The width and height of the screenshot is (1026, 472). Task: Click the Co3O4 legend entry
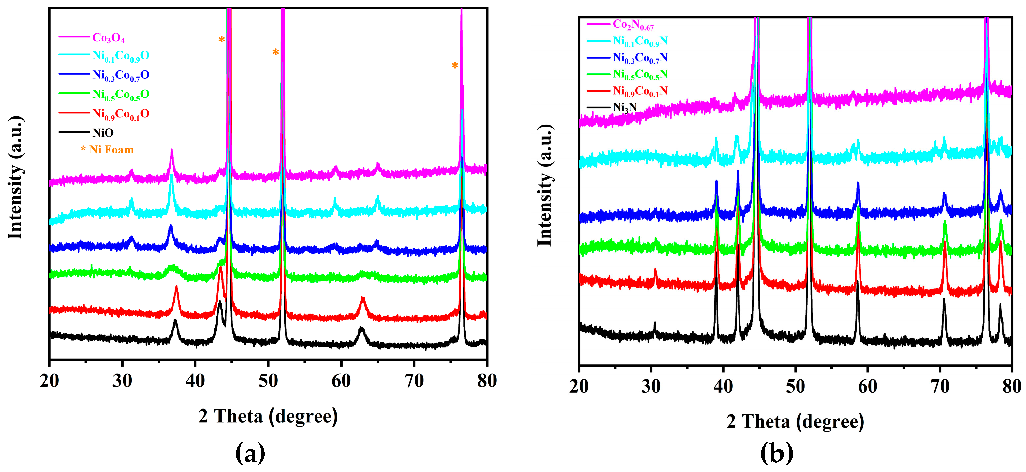[x=108, y=38]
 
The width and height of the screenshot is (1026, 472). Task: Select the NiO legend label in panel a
[x=103, y=133]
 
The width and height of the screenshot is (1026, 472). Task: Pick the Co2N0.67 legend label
[x=633, y=25]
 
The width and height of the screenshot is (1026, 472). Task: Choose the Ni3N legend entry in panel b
[x=624, y=107]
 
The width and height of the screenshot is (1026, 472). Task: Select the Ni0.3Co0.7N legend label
[x=640, y=58]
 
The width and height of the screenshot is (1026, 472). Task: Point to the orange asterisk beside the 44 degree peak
[x=222, y=40]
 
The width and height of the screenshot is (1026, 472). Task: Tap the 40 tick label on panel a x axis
[x=195, y=381]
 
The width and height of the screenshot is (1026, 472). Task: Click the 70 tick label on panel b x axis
[x=940, y=386]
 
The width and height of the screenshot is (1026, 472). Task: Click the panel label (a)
[x=250, y=453]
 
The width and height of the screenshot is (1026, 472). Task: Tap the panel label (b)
[x=776, y=453]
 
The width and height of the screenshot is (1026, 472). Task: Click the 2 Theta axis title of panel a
[x=268, y=416]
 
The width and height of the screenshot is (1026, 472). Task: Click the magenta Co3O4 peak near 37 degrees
[x=172, y=152]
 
